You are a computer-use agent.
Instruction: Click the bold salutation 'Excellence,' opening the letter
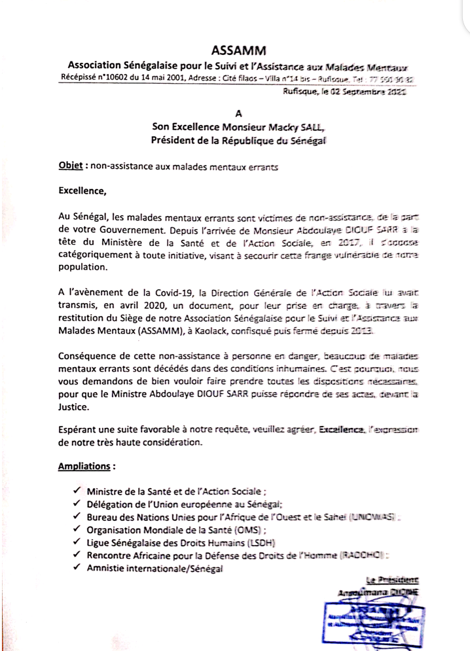pos(82,192)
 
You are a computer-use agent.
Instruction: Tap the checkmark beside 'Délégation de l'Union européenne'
pos(77,504)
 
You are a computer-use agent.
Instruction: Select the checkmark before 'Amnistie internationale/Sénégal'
pos(77,569)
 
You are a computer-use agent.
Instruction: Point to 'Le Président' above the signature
pos(393,580)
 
